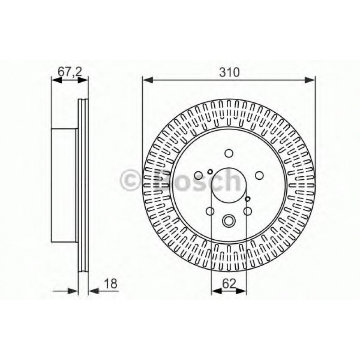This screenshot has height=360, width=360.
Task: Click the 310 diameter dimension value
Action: [x=229, y=72]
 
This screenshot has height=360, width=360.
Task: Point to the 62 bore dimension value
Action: [x=229, y=283]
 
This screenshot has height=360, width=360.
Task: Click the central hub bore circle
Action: [x=229, y=186]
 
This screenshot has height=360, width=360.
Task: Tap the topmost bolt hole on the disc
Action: [x=229, y=153]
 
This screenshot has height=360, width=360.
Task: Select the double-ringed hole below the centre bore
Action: [x=229, y=220]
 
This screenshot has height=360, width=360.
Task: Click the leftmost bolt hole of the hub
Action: [x=198, y=176]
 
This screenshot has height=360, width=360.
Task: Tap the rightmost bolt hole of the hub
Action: [x=259, y=176]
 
